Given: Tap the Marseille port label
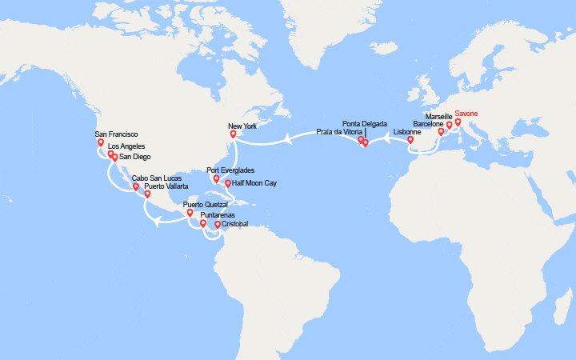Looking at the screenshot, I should pyautogui.click(x=439, y=116).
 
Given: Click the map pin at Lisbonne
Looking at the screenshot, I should pyautogui.click(x=410, y=140).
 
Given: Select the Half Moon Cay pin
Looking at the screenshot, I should pyautogui.click(x=228, y=183).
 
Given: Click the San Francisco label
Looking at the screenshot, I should pyautogui.click(x=117, y=134).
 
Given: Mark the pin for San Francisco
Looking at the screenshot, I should pyautogui.click(x=101, y=143).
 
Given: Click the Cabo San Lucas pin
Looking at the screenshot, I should pyautogui.click(x=136, y=188).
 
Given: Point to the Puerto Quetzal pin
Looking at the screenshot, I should pyautogui.click(x=190, y=213).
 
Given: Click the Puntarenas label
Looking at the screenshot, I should pyautogui.click(x=218, y=215).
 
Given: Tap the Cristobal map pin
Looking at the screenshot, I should pyautogui.click(x=218, y=225).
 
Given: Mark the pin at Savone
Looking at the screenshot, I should pyautogui.click(x=458, y=123).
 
